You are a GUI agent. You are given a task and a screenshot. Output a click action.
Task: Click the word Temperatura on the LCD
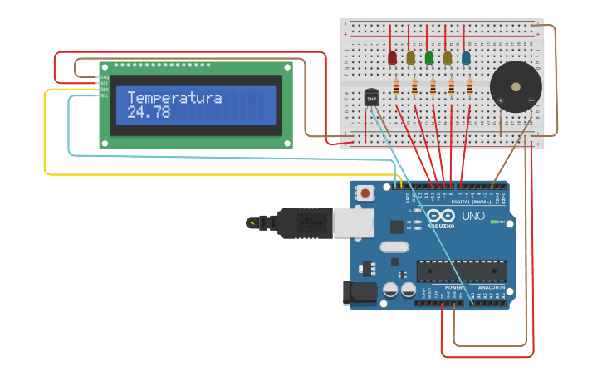(x=174, y=98)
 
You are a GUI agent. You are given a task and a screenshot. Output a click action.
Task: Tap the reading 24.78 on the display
(x=149, y=112)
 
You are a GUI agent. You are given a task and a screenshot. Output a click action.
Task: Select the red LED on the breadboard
(x=392, y=57)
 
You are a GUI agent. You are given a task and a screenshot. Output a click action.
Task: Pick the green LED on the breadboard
(x=428, y=57)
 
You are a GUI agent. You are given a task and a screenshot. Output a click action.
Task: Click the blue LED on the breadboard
(x=466, y=57)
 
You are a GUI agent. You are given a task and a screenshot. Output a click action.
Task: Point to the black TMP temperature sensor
(x=371, y=98)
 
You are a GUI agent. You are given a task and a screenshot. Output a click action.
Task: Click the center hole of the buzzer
(x=516, y=85)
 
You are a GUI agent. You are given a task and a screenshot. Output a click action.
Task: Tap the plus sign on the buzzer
(x=500, y=100)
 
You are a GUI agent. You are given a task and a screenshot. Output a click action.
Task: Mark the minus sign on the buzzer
(x=531, y=100)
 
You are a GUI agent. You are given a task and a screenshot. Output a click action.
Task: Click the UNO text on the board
(x=472, y=216)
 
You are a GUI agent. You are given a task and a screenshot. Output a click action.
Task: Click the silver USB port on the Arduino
(x=352, y=222)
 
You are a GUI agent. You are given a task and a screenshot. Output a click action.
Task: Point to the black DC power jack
(x=358, y=292)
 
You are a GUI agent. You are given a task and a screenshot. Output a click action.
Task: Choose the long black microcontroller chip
(x=461, y=271)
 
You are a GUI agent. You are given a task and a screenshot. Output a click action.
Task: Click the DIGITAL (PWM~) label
(x=471, y=202)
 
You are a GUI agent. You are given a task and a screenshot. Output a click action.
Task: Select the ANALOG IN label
(x=490, y=287)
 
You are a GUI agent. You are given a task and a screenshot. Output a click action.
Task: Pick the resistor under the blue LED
(x=470, y=86)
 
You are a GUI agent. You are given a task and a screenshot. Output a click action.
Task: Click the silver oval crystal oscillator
(x=394, y=247)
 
